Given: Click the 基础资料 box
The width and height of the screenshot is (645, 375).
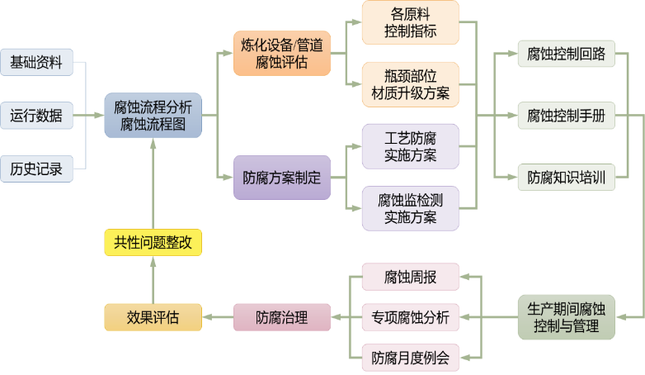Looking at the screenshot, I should point(36,62).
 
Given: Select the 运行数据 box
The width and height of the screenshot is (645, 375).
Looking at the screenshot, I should point(36,116).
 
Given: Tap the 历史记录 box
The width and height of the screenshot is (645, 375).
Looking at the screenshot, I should point(36,169).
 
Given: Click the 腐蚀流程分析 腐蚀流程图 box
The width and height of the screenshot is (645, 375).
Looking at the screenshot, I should point(153,116).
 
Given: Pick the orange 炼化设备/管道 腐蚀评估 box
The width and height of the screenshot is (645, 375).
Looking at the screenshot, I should point(281,54).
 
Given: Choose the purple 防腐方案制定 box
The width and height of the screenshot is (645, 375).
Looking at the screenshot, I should point(281,178).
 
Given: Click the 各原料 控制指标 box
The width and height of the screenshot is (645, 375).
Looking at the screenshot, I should point(410,23).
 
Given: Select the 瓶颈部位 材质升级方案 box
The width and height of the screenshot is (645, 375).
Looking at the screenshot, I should point(410,85).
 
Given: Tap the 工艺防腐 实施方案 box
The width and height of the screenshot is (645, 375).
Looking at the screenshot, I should point(410,146).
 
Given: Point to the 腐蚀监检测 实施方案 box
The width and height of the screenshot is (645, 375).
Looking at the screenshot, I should point(410,209).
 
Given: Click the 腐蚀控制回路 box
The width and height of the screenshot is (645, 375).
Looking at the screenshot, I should point(567,55).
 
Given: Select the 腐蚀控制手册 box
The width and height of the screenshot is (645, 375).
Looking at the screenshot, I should point(567,116).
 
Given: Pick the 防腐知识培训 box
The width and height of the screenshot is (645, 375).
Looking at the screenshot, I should point(567,177).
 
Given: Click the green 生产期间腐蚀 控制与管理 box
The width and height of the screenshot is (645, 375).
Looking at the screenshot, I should point(567,317).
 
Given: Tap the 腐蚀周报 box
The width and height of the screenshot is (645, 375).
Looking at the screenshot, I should point(410,277).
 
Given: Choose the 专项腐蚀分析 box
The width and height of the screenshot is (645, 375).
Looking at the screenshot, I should point(410,317).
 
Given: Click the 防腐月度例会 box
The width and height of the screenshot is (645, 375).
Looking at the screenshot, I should point(410,358).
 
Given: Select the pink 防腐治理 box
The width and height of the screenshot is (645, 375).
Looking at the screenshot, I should point(281,317).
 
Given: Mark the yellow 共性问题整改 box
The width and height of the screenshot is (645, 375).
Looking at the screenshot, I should point(153,243).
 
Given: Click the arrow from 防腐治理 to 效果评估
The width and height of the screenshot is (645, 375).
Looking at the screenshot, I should point(218,317).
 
